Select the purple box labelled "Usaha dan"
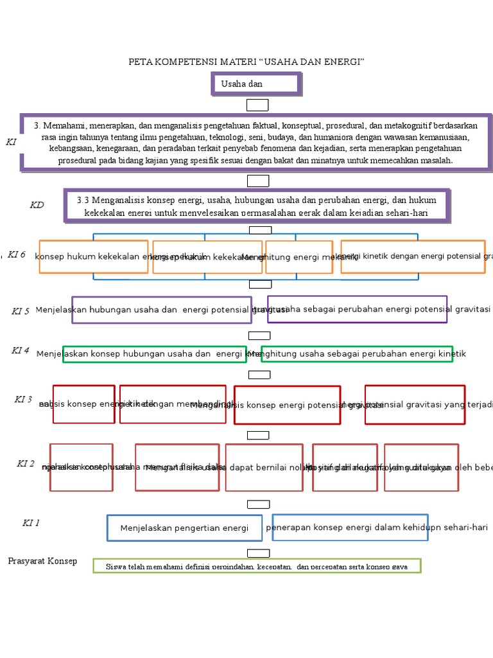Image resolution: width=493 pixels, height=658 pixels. pyautogui.click(x=256, y=84)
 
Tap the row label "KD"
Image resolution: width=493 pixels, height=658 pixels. pyautogui.click(x=37, y=205)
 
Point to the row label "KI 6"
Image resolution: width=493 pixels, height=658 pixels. pyautogui.click(x=17, y=254)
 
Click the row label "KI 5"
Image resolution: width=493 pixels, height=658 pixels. pyautogui.click(x=21, y=311)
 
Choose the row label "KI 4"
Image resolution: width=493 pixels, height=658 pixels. pyautogui.click(x=21, y=350)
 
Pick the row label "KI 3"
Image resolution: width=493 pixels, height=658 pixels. pyautogui.click(x=23, y=400)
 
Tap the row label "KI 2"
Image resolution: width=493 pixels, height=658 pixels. pyautogui.click(x=26, y=464)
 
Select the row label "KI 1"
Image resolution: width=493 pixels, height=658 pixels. pyautogui.click(x=31, y=523)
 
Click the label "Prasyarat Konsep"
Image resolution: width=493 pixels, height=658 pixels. pyautogui.click(x=42, y=561)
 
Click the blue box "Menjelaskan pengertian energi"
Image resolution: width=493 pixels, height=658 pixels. pyautogui.click(x=184, y=528)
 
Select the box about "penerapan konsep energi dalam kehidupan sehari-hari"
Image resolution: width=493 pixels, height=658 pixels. pyautogui.click(x=350, y=527)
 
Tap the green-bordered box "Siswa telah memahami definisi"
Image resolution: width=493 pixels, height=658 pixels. pyautogui.click(x=257, y=566)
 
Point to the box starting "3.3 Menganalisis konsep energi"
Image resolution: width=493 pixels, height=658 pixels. pyautogui.click(x=257, y=206)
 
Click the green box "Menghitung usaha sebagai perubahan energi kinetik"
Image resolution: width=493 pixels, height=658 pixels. pyautogui.click(x=357, y=354)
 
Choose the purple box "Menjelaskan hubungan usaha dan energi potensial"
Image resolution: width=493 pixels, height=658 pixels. pyautogui.click(x=161, y=310)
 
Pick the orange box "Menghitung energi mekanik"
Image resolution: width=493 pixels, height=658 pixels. pyautogui.click(x=299, y=257)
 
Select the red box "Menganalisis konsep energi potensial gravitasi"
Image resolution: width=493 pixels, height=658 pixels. pyautogui.click(x=287, y=405)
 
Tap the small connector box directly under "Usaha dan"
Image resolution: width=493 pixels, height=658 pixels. pyautogui.click(x=257, y=105)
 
